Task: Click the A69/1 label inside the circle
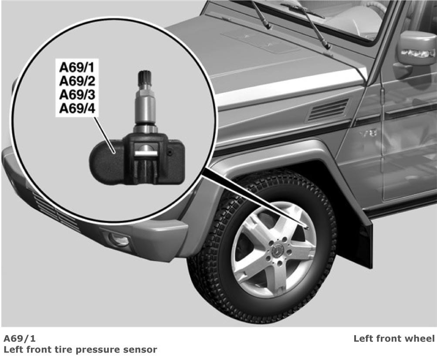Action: tap(77, 68)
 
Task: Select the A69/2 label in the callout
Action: tap(77, 81)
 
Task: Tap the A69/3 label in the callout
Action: tap(77, 95)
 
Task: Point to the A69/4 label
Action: tap(77, 109)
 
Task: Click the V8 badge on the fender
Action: tap(369, 134)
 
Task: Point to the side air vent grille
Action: tap(328, 110)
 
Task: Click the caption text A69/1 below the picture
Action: tap(20, 339)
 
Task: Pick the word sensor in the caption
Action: tap(140, 350)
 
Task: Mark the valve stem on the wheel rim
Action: tap(305, 225)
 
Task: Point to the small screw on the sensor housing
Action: tap(170, 153)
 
